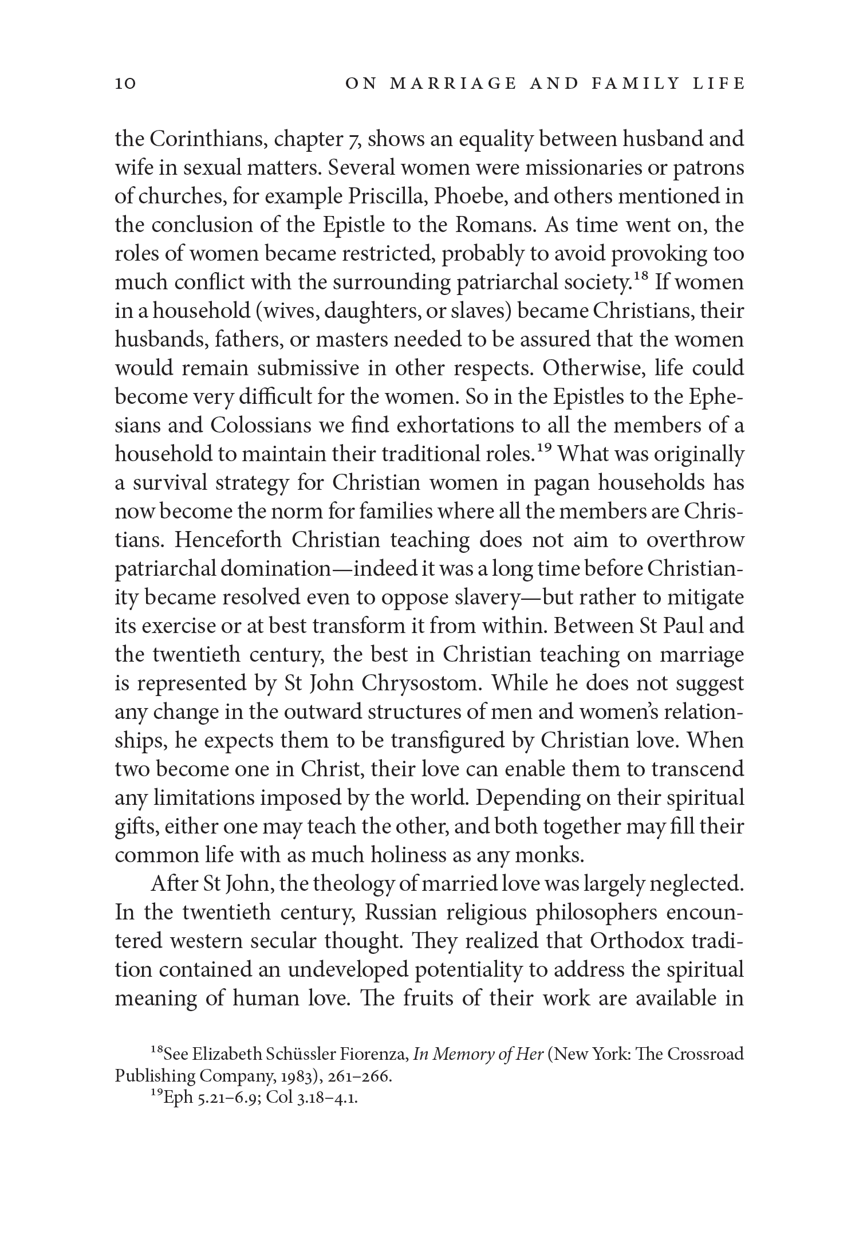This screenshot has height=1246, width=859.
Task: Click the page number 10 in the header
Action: pyautogui.click(x=125, y=84)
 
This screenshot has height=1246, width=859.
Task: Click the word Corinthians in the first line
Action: pyautogui.click(x=208, y=139)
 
